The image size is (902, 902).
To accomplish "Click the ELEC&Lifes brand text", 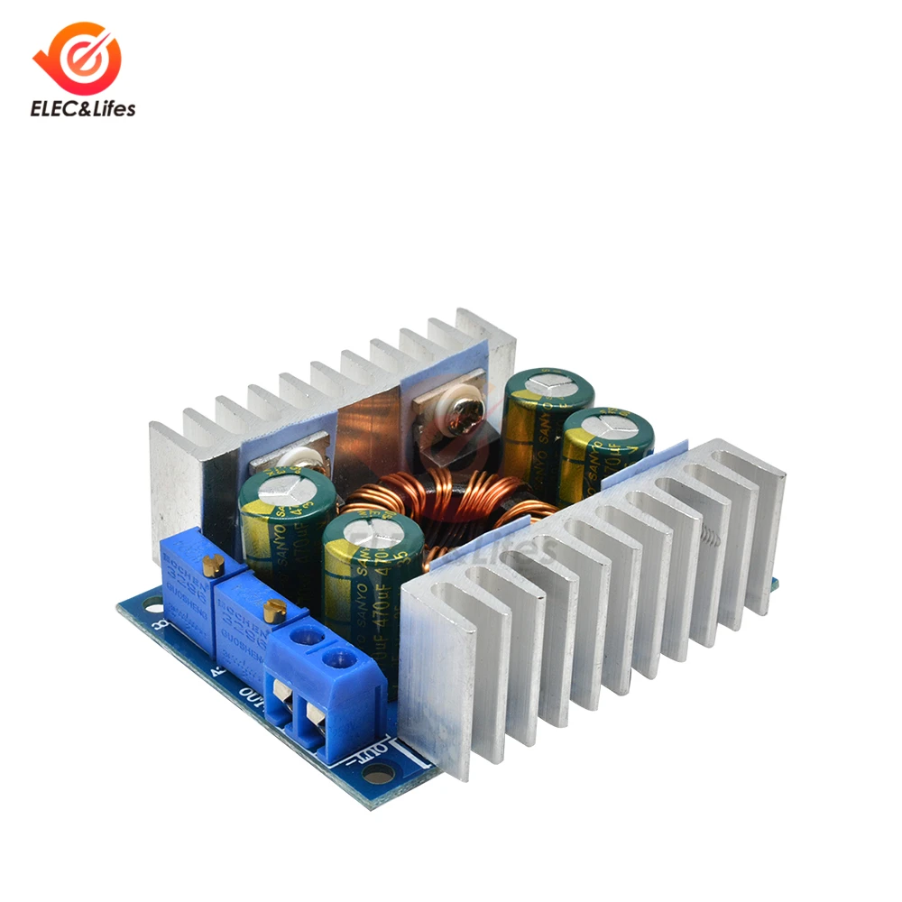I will (x=83, y=109).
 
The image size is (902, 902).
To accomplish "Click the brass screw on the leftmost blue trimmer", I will (x=214, y=566).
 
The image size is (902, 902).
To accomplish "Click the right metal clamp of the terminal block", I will (x=317, y=719).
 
